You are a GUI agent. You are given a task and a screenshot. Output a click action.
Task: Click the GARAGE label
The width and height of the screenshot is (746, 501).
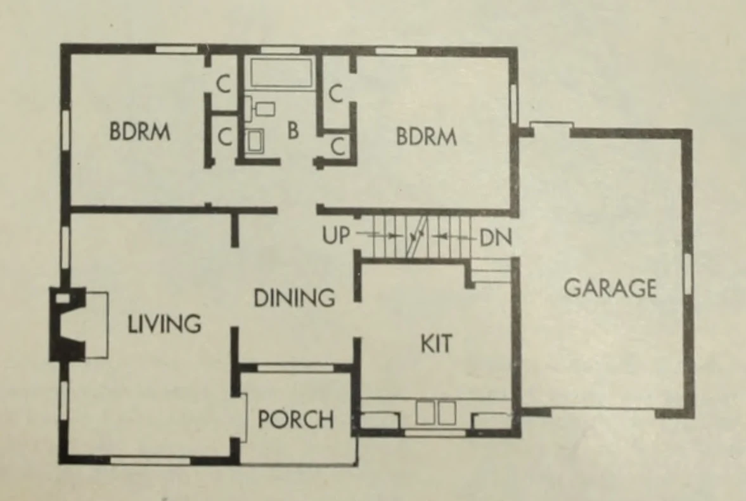610,288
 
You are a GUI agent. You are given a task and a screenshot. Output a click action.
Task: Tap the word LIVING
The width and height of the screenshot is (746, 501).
165,324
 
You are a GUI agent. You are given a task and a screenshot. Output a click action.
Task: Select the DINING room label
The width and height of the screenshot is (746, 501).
295,298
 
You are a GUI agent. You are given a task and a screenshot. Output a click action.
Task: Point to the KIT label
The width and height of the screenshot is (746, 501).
436,343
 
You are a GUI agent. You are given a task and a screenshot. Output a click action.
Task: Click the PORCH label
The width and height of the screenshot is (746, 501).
295,419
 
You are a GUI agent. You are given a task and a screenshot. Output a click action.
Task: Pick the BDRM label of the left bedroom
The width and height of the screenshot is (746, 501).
139,131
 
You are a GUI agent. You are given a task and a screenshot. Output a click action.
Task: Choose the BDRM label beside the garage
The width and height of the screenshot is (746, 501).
427,136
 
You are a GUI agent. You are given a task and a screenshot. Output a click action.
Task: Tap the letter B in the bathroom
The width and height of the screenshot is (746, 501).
293,130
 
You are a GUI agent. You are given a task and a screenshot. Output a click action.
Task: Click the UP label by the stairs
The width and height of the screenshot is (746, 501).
336,235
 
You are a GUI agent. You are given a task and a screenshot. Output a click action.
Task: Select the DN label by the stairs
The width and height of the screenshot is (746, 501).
496,238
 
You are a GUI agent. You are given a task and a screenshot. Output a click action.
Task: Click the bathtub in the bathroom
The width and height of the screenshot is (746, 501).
281,73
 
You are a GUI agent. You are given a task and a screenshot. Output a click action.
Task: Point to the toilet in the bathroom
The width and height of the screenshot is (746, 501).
260,107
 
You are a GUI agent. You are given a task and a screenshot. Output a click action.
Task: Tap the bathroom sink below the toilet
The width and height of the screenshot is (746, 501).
254,141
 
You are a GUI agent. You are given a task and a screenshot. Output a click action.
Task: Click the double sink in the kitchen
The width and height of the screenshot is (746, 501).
436,413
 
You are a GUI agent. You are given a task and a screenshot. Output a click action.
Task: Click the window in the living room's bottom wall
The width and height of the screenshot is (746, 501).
150,460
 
